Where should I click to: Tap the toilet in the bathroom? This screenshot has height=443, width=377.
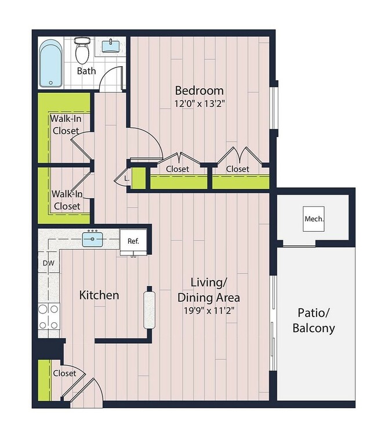tap(82, 51)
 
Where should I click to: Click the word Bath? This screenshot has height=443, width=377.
tap(86, 71)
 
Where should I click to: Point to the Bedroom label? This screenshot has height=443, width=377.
tap(199, 91)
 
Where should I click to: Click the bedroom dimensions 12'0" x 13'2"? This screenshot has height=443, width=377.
tap(199, 104)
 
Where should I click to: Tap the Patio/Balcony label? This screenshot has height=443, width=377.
tap(313, 320)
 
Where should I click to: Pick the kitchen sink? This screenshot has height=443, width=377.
tap(92, 239)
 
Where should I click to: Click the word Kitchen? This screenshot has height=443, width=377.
tap(99, 296)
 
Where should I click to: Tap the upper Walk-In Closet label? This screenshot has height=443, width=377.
tap(64, 124)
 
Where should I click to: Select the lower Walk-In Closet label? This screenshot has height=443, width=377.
tap(66, 200)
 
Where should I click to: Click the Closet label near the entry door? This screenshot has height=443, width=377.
tap(64, 373)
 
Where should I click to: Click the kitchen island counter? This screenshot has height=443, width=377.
tap(149, 308)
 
